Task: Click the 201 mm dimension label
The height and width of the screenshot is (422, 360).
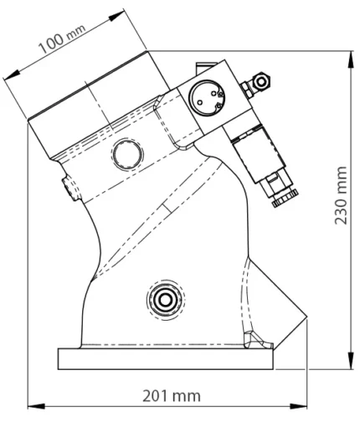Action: pos(172,396)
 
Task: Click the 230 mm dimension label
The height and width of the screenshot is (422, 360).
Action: pos(341,195)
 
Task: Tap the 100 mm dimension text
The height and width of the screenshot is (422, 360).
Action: pos(61,39)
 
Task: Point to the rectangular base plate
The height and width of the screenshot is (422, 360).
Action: pos(166,358)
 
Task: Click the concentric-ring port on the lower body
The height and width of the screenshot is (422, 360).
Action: pos(165,300)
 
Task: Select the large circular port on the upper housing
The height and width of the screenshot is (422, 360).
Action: pos(127,154)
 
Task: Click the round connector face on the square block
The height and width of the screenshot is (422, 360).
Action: pos(207,98)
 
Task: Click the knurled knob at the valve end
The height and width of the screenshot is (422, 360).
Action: pos(285,198)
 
